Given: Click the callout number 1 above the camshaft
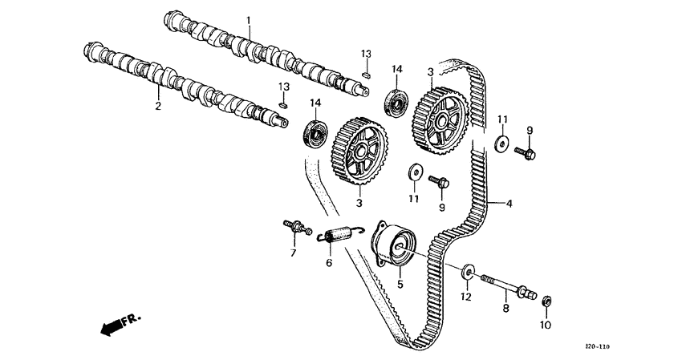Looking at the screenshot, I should point(248,19).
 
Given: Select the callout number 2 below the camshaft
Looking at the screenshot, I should point(157,106).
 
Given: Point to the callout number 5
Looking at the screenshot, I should point(400,283).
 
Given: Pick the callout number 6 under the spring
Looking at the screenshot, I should point(328,262).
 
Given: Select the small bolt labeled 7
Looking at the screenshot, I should point(297,228).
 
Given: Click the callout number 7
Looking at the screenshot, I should point(293,253).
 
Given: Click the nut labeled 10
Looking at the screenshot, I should point(546,301).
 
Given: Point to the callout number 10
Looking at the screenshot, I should point(546,326).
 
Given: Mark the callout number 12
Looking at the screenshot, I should point(465,297).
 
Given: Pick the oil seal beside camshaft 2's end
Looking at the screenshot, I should point(315,132).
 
